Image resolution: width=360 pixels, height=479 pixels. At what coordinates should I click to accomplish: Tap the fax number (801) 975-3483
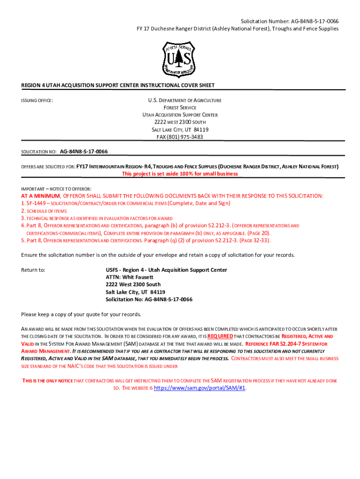180,137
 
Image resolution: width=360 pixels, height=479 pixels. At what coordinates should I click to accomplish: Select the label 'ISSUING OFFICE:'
37,101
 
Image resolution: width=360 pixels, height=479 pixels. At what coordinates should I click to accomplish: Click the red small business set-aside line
180,174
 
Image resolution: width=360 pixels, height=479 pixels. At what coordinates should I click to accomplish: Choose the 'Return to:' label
33,270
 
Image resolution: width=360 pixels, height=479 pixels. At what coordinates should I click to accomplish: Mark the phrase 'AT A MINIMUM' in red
41,196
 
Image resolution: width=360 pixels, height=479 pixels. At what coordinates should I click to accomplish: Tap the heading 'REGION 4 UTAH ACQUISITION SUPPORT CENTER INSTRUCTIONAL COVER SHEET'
118,85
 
